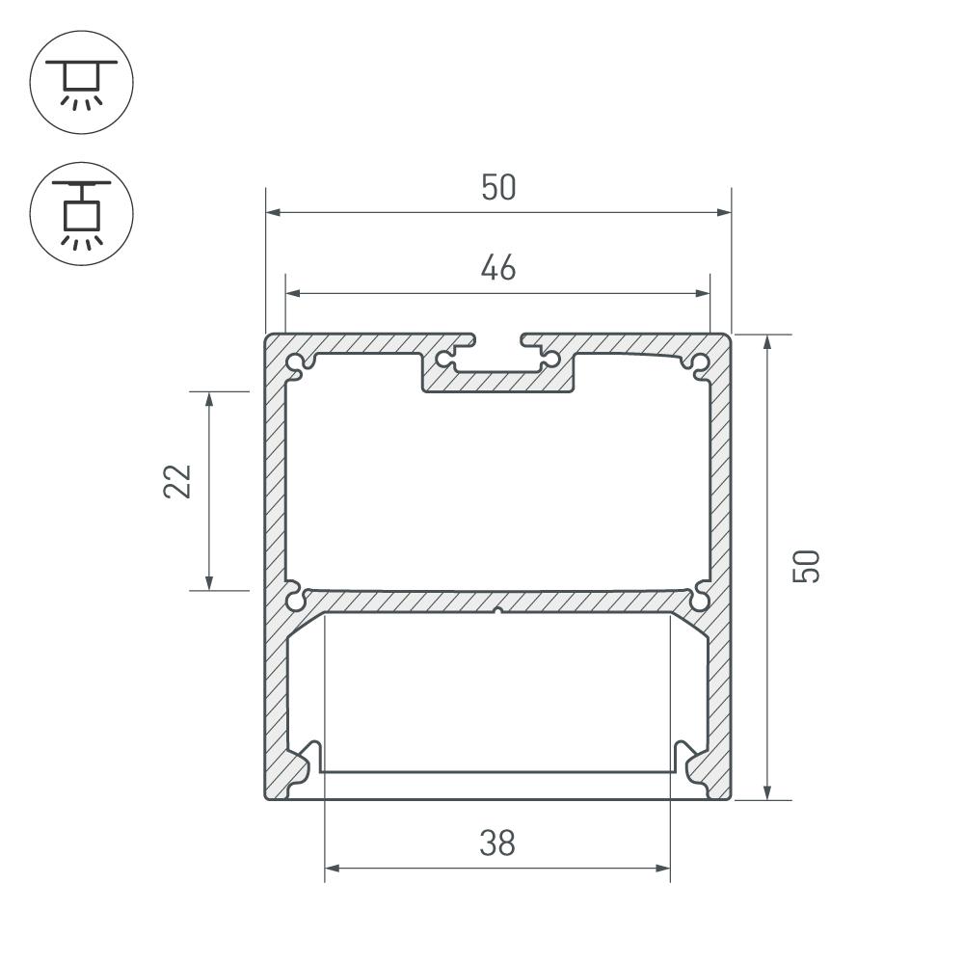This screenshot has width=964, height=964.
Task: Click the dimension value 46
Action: click(498, 267)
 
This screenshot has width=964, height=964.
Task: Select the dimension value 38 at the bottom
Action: click(497, 843)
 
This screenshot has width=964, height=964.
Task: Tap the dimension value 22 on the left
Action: click(177, 481)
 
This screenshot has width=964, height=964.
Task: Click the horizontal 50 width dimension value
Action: click(498, 187)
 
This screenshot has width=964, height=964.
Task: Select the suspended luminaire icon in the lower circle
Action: click(81, 215)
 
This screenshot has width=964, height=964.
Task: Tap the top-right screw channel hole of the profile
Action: click(700, 362)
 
